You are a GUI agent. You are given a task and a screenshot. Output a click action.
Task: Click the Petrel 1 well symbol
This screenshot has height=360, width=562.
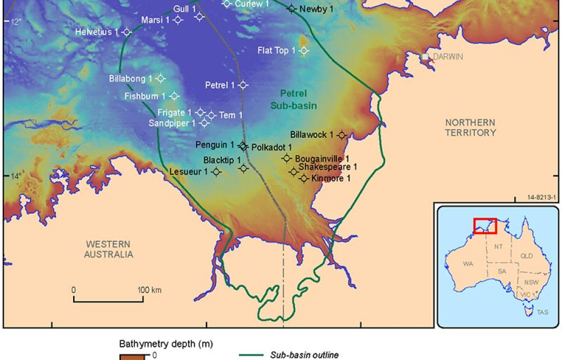point(243,85)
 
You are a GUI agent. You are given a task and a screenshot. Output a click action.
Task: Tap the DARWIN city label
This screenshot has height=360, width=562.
point(448,57)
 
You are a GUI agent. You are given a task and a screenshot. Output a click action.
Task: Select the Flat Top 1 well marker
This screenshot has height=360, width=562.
point(304,51)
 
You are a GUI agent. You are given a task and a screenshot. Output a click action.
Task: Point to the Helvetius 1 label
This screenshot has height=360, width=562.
point(97,32)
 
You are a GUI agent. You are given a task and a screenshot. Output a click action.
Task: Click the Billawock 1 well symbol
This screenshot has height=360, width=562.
point(342,135)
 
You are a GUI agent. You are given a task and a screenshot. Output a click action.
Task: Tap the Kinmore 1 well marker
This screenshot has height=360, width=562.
point(304,179)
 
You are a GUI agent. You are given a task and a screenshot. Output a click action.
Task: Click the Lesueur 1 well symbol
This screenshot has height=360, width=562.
point(216,172)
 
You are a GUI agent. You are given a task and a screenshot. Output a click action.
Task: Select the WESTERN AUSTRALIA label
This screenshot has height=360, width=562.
point(109,249)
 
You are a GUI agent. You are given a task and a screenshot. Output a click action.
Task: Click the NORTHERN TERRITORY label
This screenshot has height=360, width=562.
point(470,128)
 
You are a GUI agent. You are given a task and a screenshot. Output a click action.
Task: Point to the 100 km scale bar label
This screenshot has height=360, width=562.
point(149,290)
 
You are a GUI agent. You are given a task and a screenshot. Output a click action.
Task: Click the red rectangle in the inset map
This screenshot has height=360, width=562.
point(485,226)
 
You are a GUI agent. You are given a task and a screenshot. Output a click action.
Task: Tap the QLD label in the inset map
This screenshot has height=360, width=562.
point(527,256)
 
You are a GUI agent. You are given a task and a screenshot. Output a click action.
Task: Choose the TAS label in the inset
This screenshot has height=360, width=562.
point(542,312)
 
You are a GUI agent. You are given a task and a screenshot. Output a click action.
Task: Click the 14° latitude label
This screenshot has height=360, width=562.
point(16,176)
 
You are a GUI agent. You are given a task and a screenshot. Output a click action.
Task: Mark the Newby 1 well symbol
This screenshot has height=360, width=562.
point(291,8)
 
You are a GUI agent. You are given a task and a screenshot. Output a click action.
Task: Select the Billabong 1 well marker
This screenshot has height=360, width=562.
point(160,78)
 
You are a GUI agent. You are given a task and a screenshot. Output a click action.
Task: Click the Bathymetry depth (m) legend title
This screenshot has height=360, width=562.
point(157,343)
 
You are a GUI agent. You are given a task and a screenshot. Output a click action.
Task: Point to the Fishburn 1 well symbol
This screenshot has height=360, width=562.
point(174,96)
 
